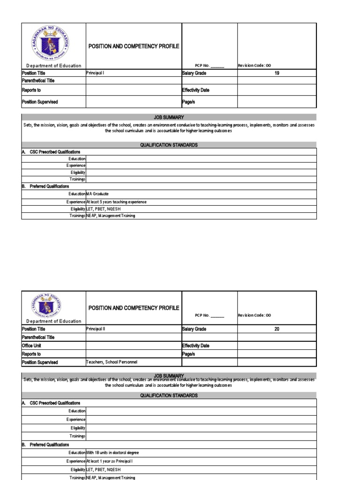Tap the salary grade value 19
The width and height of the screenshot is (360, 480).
[277, 73]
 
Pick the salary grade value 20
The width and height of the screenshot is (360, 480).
[277, 329]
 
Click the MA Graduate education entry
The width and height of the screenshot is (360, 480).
[97, 194]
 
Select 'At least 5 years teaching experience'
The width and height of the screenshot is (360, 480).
[116, 202]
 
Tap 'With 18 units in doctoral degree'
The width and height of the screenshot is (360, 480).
[112, 453]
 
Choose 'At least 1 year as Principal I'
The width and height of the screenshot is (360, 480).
[110, 461]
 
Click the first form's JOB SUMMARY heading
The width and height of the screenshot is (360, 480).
[169, 117]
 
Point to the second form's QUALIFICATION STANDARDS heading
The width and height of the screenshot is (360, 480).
[169, 396]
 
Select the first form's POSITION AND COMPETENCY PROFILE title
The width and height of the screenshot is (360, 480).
[134, 46]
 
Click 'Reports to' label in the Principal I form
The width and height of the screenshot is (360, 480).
[31, 90]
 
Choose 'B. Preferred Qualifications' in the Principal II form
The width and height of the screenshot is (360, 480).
[45, 444]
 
